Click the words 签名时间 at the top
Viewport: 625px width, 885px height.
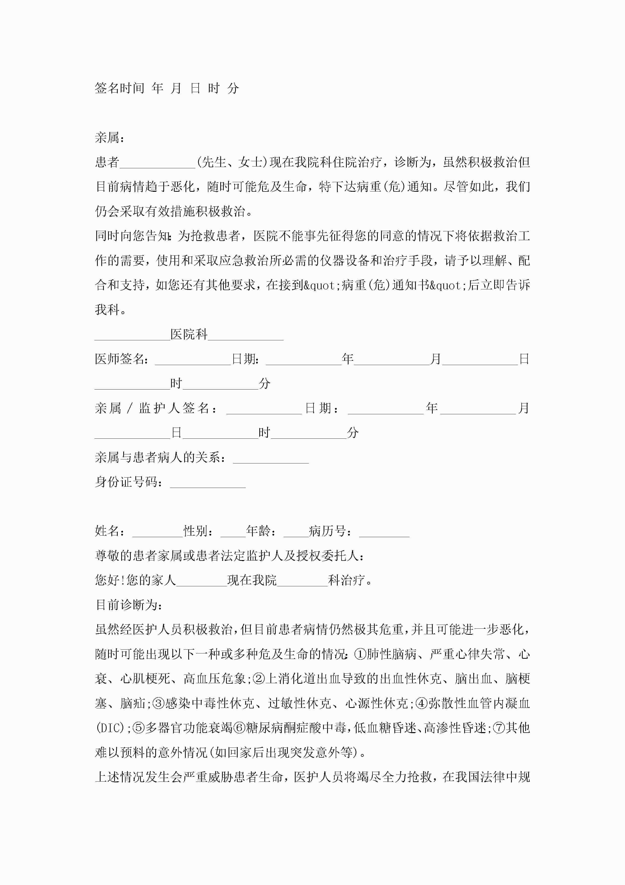(119, 88)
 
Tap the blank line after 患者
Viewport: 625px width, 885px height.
(158, 163)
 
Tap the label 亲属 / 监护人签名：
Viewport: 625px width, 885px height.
(156, 408)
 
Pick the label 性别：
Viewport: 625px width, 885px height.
(199, 531)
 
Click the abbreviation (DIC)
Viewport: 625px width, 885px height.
(110, 728)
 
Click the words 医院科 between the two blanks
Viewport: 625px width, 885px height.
(189, 334)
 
